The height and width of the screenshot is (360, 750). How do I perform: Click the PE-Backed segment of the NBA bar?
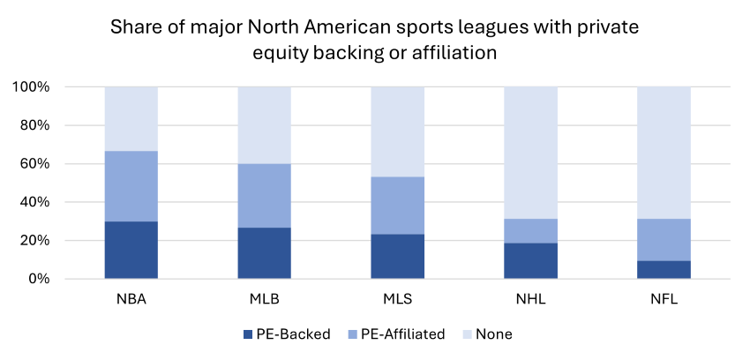[131, 250]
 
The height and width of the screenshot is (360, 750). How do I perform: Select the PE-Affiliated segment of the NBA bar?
[131, 186]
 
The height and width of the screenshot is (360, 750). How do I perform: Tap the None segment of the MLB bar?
[264, 125]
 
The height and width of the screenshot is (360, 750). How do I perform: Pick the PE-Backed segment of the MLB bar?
[264, 253]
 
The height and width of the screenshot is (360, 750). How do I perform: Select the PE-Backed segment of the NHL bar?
[530, 261]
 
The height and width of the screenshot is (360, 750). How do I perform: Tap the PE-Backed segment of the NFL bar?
[664, 270]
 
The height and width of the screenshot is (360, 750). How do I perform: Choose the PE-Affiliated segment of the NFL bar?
[664, 240]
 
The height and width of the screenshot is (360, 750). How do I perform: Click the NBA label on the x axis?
[131, 298]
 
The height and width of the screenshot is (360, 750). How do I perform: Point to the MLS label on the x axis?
[397, 298]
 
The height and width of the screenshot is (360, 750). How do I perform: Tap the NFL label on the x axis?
[664, 298]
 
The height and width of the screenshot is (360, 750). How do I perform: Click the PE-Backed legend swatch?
[247, 334]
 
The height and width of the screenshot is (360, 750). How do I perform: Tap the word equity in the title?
[281, 53]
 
